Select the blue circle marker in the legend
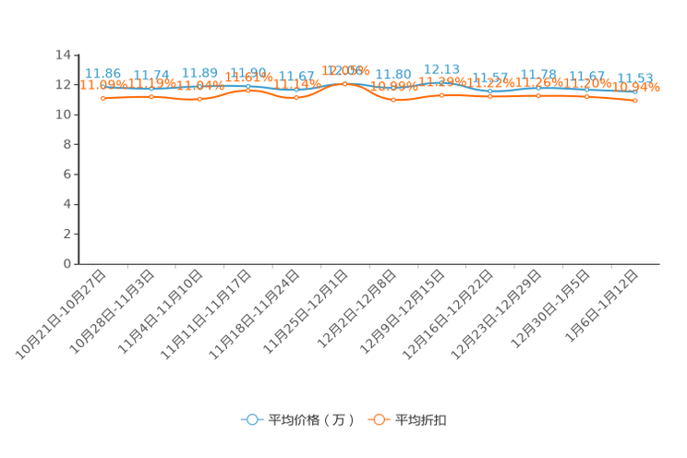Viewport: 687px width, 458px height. point(251,420)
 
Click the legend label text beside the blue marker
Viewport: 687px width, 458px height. point(310,420)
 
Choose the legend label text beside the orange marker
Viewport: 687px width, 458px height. point(422,420)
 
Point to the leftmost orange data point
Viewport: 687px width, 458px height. point(102,97)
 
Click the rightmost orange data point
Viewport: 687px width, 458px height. point(635,100)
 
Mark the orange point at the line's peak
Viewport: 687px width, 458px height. point(344,83)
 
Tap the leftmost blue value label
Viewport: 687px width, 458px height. point(102,72)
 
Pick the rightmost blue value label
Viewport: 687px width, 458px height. point(635,78)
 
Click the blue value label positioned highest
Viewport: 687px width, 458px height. point(441,68)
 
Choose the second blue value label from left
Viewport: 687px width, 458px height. point(151,74)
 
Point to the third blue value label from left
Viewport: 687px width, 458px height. point(199,72)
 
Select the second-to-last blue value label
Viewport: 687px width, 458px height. point(587,75)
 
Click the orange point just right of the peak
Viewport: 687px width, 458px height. point(393,99)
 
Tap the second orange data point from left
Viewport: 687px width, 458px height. point(151,96)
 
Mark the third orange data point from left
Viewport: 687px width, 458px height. point(199,98)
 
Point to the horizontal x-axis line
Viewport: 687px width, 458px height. point(369,265)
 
